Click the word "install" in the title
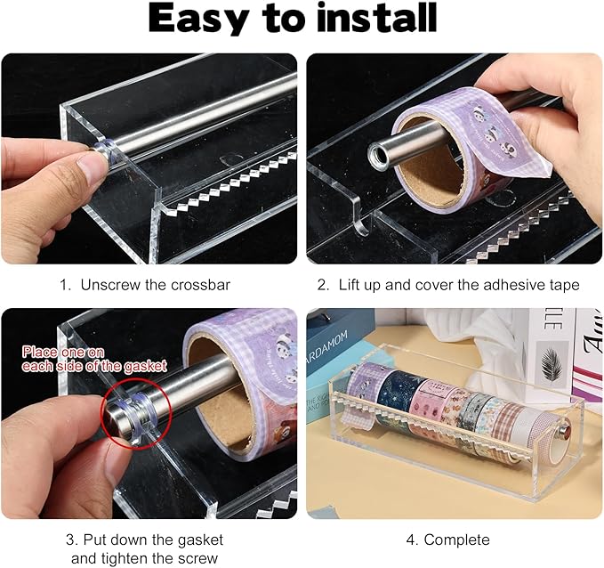pos(373,20)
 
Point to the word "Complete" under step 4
pos(456,540)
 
